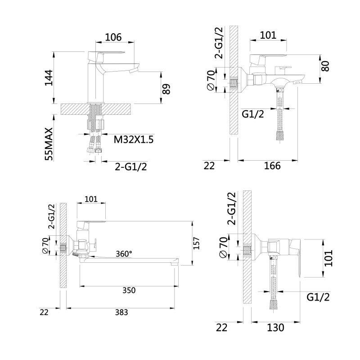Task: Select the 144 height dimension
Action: click(x=49, y=77)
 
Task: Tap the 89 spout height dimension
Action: click(x=166, y=89)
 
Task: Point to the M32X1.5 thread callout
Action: click(x=133, y=139)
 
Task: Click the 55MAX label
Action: click(x=49, y=144)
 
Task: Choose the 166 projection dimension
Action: click(x=272, y=166)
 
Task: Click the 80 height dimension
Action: click(x=325, y=66)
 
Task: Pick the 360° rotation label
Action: click(x=124, y=254)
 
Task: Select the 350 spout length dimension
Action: click(x=129, y=290)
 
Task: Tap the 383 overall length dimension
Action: click(x=121, y=312)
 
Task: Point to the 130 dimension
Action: click(x=275, y=328)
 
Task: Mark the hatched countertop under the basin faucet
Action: click(x=96, y=109)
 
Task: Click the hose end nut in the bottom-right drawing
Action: click(x=273, y=303)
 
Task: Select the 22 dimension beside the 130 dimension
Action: click(x=221, y=328)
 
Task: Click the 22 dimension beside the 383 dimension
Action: click(x=44, y=312)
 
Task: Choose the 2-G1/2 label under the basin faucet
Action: click(x=131, y=166)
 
